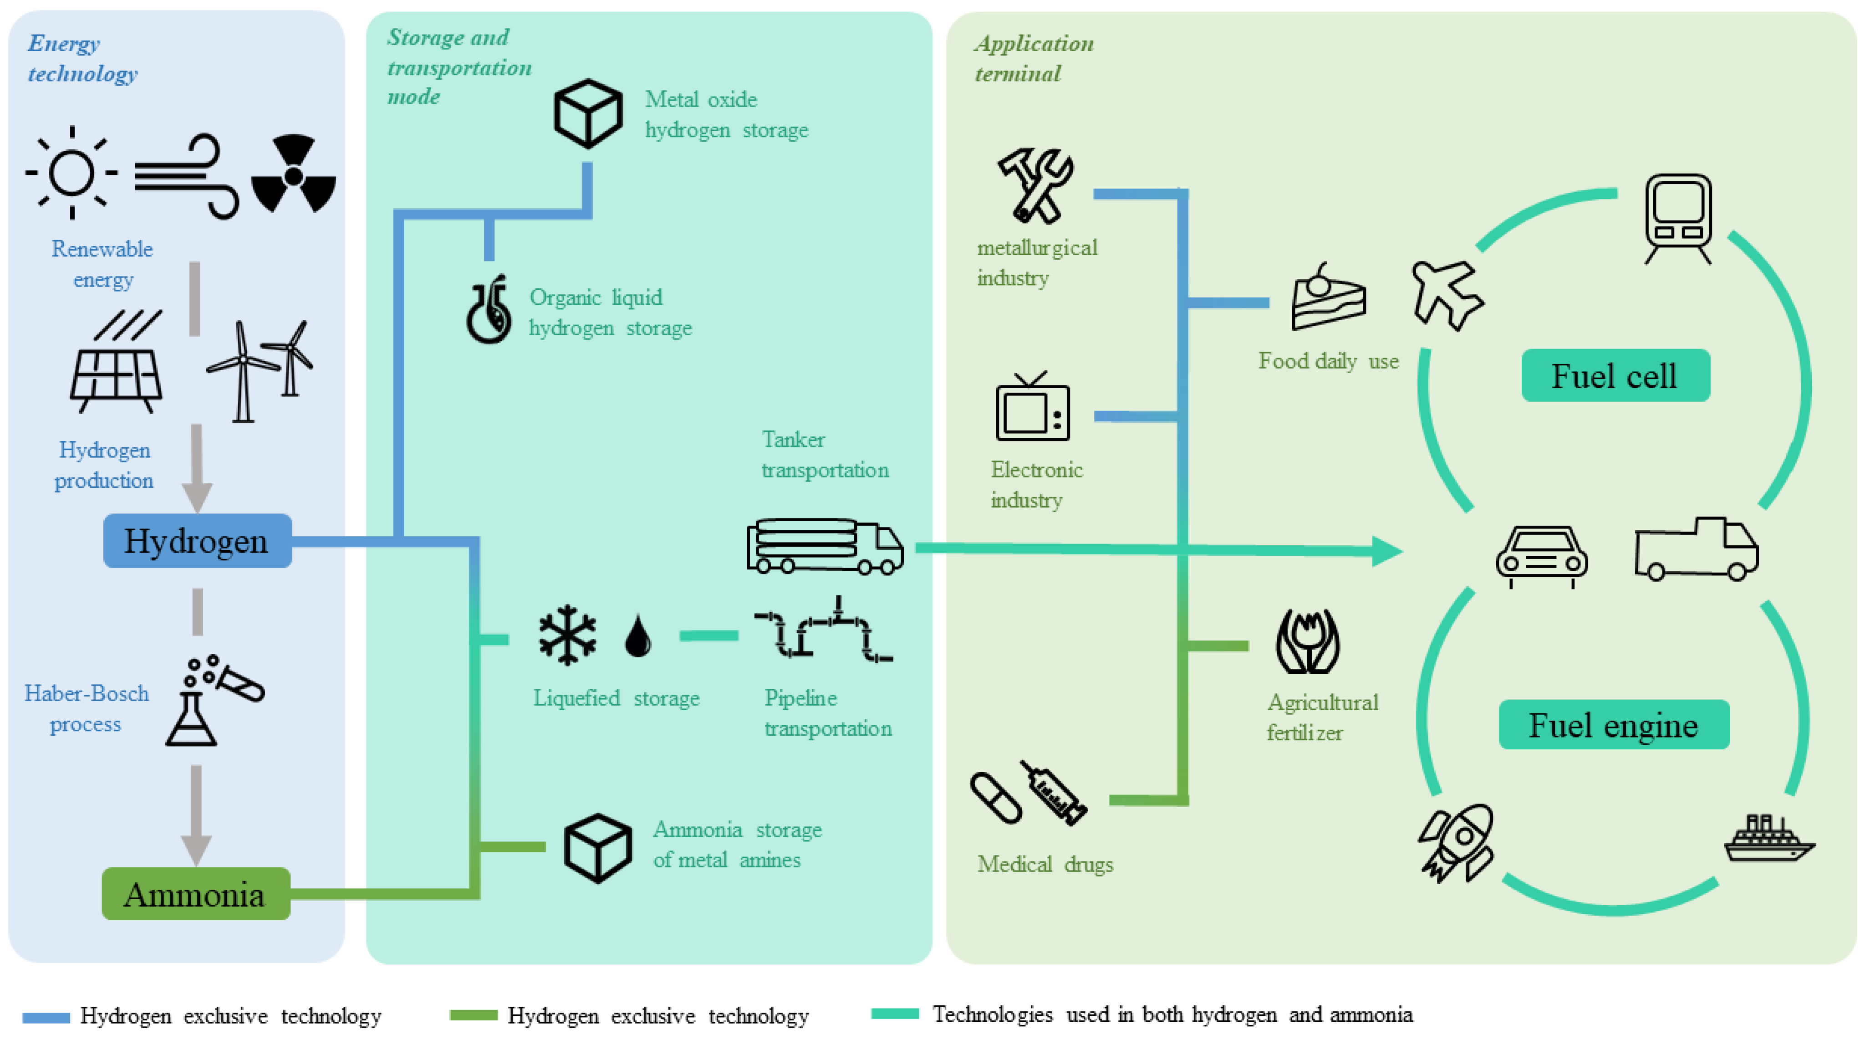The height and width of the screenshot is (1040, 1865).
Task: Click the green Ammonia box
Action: coord(195,894)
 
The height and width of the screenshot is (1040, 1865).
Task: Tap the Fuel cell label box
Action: coord(1615,375)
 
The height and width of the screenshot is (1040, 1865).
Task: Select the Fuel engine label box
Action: coord(1614,724)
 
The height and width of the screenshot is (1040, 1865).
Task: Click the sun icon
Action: coord(71,172)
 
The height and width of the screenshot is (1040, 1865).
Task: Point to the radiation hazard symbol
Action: coord(293,174)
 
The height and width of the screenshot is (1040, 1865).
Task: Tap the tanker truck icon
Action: coord(825,547)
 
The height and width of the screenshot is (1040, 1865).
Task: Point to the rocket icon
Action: coord(1457,842)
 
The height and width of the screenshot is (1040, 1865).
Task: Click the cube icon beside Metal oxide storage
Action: coord(588,114)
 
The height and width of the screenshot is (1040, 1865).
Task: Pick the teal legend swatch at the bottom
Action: coord(895,1014)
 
